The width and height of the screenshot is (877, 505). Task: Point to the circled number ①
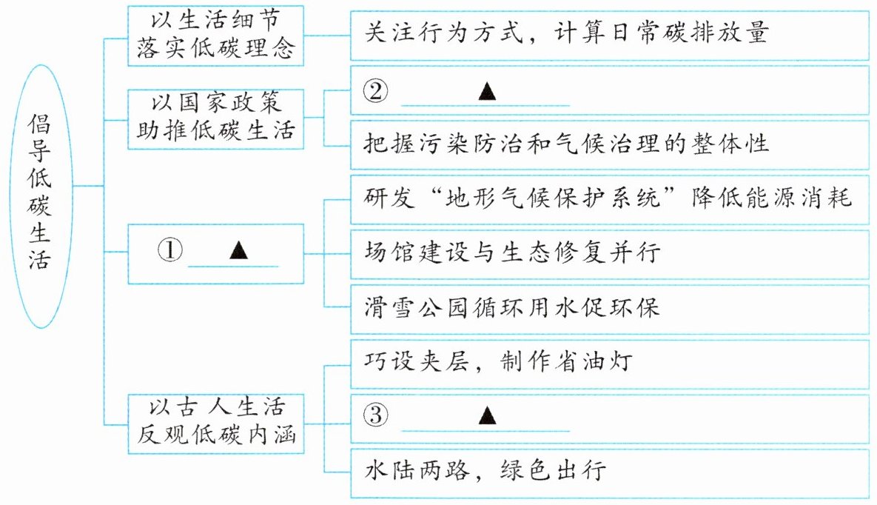point(170,250)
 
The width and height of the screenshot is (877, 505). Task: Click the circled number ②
point(375,90)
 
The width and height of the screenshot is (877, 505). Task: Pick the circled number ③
point(375,415)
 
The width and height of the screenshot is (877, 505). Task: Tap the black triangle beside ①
point(239,250)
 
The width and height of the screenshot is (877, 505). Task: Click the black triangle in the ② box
point(487,91)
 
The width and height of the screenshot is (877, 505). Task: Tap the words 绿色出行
point(553,470)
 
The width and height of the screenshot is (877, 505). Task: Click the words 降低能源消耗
point(771,198)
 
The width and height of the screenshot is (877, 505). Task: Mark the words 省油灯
point(594,361)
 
